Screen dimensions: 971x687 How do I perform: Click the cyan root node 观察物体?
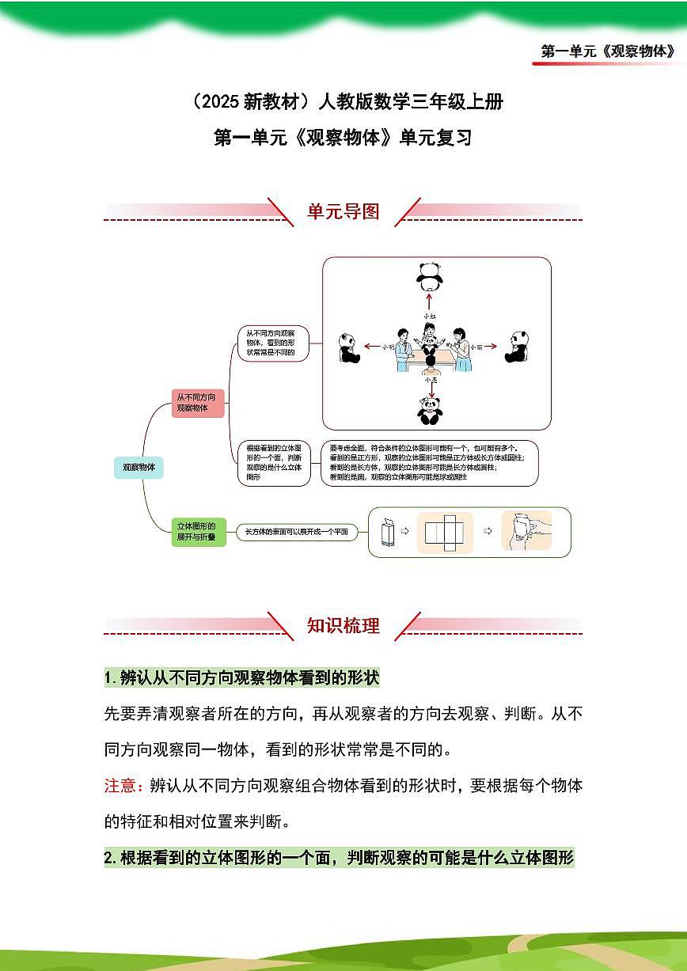click(x=139, y=467)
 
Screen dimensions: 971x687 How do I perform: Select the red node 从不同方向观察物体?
click(x=199, y=403)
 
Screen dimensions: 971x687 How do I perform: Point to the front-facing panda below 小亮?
click(x=430, y=411)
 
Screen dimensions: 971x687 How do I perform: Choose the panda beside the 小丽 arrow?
click(x=517, y=346)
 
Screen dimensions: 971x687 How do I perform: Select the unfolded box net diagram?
click(x=444, y=532)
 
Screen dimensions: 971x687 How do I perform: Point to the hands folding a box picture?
click(x=526, y=531)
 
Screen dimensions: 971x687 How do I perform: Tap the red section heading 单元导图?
click(x=343, y=211)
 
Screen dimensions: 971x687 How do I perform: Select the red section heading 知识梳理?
click(x=343, y=626)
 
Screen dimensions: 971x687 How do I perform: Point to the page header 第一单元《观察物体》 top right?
click(x=608, y=51)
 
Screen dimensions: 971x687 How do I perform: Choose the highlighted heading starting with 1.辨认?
click(x=242, y=678)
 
